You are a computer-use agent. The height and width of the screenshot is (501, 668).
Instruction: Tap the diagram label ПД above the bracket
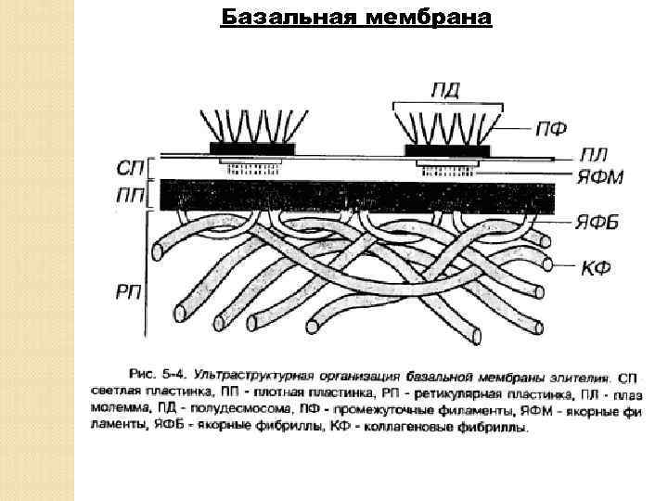point(446,90)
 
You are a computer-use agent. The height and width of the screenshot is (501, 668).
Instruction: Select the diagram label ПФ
point(550,128)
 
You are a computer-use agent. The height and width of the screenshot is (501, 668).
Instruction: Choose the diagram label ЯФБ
point(598,222)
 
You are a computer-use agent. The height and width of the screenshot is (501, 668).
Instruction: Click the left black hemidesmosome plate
point(252,148)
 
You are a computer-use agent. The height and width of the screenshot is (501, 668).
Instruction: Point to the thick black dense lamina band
point(357,196)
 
